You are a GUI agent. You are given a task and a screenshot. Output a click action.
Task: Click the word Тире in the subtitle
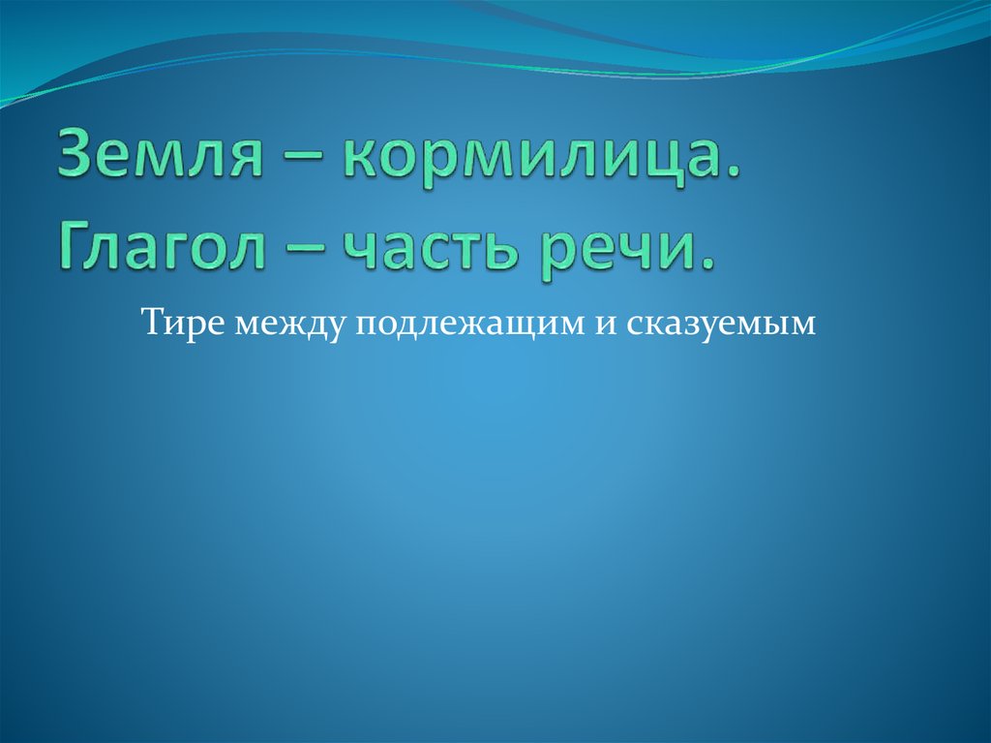(x=180, y=322)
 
